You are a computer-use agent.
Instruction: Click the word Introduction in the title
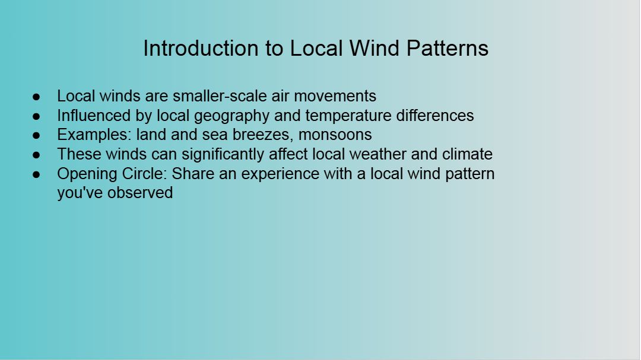coord(201,48)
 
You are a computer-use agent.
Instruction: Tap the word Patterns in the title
coord(448,48)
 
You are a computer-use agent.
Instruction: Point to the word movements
coord(335,96)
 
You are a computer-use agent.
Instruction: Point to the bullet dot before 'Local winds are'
coord(36,97)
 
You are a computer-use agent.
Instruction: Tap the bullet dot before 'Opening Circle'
coord(36,174)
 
